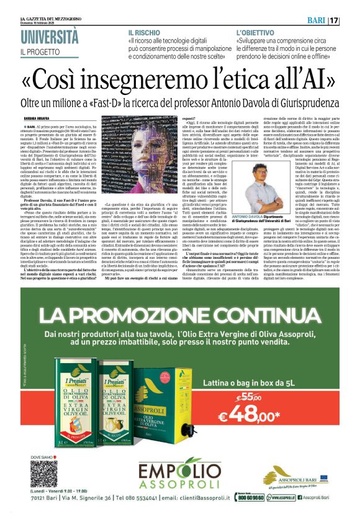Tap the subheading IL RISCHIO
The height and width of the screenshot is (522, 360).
pos(143,31)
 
